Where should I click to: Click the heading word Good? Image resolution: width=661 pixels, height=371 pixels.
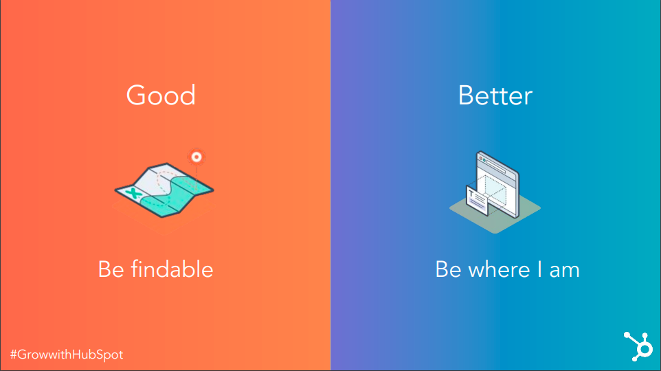coord(161,95)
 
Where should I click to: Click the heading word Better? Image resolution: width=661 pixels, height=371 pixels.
coord(495,95)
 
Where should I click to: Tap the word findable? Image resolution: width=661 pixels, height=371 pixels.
coord(172,269)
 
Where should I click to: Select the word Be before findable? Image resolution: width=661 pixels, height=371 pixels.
coord(111,269)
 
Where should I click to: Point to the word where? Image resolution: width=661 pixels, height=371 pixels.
coord(499,269)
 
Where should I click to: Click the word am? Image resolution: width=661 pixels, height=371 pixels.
coord(565,271)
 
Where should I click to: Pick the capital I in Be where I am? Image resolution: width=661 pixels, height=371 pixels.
coord(539,269)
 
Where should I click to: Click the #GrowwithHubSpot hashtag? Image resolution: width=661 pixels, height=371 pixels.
coord(67,355)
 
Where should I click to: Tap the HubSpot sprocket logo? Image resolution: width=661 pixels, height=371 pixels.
coord(638,346)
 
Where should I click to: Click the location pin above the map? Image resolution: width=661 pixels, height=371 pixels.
coord(196,157)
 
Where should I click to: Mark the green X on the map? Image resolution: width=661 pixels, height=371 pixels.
coord(133,194)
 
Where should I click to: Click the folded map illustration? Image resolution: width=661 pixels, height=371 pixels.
coord(164,190)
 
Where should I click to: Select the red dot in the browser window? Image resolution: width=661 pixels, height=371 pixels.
coord(480,159)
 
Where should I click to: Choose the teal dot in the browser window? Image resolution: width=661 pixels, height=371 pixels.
coord(485,161)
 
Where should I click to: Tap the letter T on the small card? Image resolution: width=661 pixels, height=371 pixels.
coord(471,194)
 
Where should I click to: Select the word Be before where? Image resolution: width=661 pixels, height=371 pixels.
coord(448,269)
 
